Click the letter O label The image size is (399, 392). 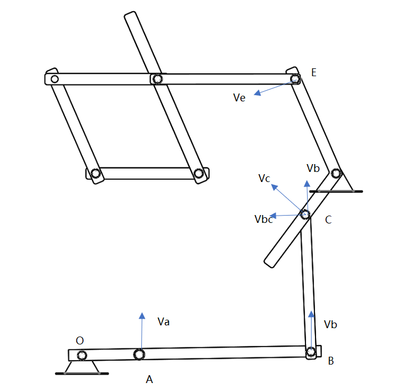80,340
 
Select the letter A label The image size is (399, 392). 150,379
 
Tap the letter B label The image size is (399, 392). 331,361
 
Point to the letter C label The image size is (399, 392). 328,220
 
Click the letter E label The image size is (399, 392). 314,72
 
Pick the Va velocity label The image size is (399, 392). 164,321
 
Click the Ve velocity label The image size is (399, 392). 239,97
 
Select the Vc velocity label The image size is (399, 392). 264,178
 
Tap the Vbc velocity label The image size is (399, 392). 263,219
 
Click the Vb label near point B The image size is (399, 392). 330,324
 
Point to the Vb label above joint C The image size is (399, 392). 313,168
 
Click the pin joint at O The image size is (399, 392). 82,356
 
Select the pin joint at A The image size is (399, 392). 139,354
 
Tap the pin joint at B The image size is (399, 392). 310,352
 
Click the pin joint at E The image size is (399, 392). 295,78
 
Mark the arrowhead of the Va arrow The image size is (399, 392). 142,316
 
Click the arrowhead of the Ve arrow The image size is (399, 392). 258,93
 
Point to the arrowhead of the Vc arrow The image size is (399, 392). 275,187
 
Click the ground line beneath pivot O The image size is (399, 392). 82,374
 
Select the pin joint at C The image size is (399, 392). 305,214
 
